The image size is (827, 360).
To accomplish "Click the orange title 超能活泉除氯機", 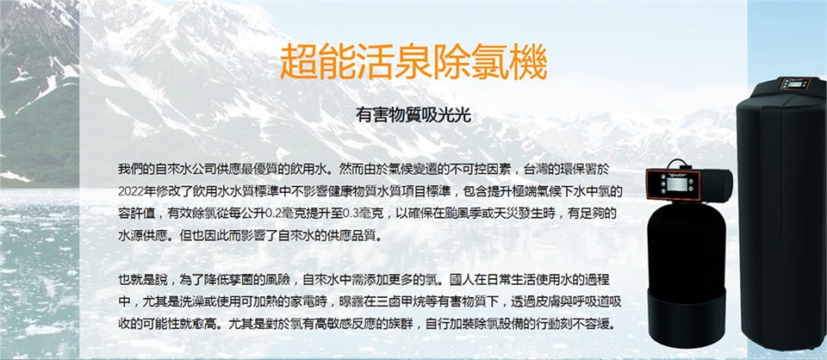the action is (413, 63).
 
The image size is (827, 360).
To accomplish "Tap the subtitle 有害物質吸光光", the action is (413, 115).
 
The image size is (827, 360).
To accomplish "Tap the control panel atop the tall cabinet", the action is (796, 84).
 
